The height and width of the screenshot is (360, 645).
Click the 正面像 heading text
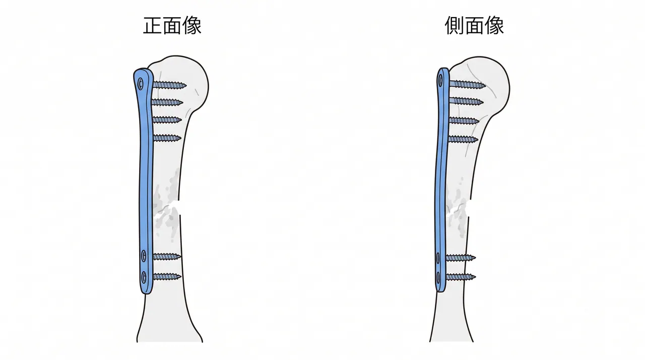172,26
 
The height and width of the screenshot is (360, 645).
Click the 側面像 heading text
474,26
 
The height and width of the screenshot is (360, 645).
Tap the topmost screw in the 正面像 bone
169,85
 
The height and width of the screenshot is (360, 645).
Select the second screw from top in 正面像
167,102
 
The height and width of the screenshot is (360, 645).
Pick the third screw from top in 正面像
167,120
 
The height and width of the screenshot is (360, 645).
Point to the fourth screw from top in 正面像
167,138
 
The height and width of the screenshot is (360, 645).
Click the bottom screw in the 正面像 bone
167,277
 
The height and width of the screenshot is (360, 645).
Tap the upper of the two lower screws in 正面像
167,256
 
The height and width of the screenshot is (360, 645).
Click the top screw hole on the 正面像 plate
141,84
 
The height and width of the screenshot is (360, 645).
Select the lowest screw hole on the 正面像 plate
144,277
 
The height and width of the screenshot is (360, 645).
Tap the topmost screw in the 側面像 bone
467,84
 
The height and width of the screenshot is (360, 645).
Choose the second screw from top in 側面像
466,101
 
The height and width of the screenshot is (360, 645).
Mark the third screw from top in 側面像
464,121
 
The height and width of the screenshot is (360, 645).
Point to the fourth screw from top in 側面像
463,139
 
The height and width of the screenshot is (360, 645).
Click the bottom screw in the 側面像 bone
461,277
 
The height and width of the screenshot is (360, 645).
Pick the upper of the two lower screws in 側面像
461,258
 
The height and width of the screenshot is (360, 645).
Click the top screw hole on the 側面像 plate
440,82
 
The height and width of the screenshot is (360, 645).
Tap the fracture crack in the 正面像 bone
166,209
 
